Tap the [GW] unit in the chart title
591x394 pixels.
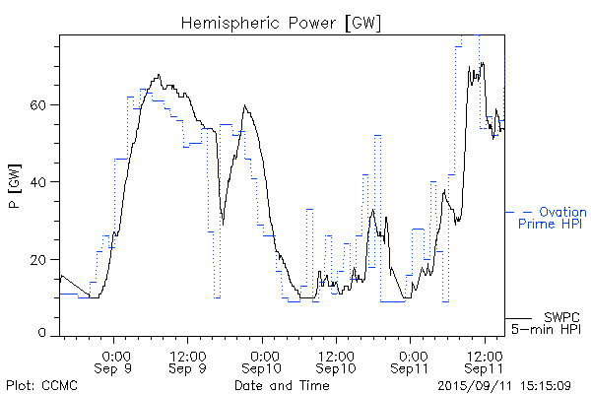[x=361, y=22]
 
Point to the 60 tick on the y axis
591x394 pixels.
[x=42, y=105]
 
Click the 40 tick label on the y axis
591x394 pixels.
[x=42, y=182]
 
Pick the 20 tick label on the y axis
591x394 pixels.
[x=42, y=259]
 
